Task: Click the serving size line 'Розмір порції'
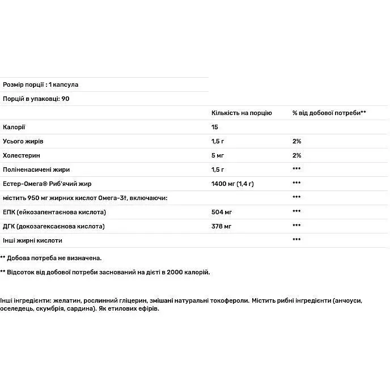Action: (40, 84)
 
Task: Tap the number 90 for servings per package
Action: (65, 99)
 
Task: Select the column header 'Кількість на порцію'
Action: (241, 113)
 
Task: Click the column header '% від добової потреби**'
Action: (329, 113)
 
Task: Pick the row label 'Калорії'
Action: (14, 127)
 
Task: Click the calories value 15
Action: (215, 127)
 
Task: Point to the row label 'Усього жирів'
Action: (23, 141)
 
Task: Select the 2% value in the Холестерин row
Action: (296, 155)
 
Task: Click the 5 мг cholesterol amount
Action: (218, 155)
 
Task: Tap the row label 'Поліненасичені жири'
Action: (36, 169)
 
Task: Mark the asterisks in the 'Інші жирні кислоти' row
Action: (296, 240)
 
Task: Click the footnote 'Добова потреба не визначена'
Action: (54, 257)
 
